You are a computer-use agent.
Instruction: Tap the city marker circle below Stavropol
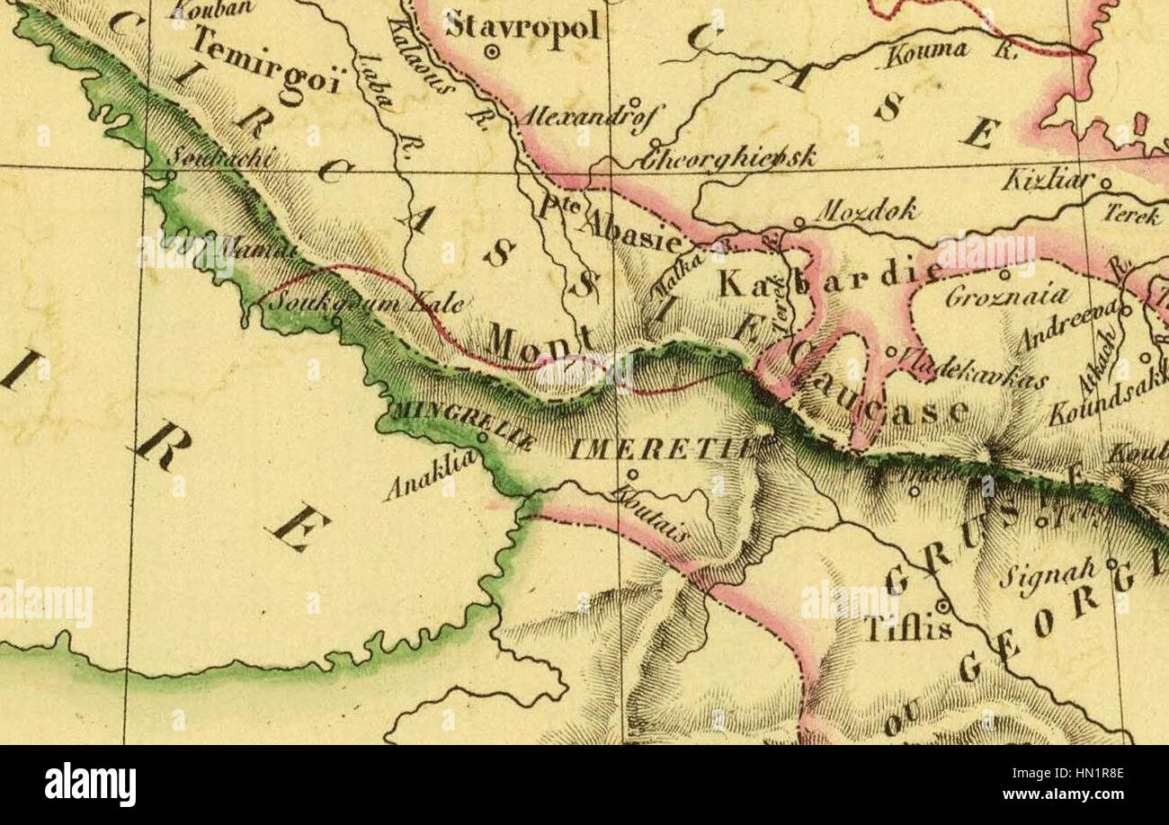[x=492, y=52]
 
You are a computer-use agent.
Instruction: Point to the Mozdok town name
[x=865, y=211]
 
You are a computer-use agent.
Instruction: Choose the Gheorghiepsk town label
[x=728, y=157]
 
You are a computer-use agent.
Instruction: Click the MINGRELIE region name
[x=461, y=425]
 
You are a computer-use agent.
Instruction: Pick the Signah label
[x=1048, y=572]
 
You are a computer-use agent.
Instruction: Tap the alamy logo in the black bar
[x=90, y=785]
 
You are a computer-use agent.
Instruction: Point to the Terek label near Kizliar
[x=1132, y=216]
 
